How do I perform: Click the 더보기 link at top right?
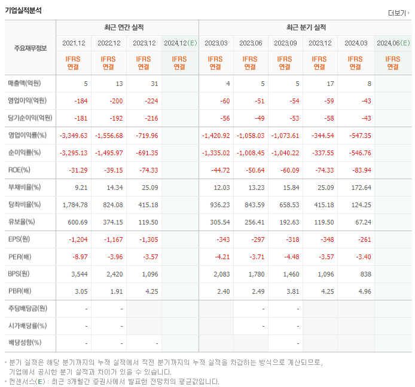tap(399, 13)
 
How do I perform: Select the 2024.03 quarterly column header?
tap(355, 43)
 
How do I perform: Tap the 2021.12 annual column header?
tap(74, 43)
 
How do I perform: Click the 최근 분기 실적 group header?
tap(306, 27)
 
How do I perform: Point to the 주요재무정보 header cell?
tap(30, 48)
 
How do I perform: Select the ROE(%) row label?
tap(19, 170)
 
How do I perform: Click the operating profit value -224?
tap(150, 101)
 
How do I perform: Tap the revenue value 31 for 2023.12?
tap(154, 84)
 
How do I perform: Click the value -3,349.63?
tap(74, 136)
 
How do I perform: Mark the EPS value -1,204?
tap(78, 239)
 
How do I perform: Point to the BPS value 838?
tap(365, 274)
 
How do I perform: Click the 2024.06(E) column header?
tap(393, 43)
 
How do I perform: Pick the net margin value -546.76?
tap(358, 153)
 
